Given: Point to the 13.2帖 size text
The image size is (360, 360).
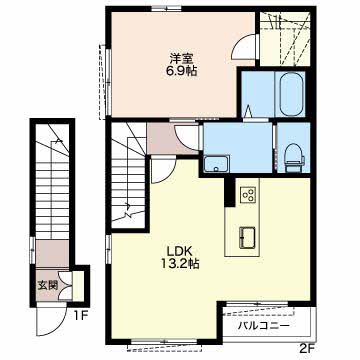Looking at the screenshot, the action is [x=181, y=263].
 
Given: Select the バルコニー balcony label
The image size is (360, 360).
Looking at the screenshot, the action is [x=263, y=326].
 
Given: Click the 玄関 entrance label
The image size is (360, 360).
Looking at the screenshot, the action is [x=48, y=285].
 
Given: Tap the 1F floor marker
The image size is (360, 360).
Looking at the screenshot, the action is [x=80, y=315].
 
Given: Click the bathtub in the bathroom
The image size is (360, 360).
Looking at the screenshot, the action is [x=291, y=94].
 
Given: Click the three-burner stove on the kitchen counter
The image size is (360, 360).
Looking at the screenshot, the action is [x=248, y=194].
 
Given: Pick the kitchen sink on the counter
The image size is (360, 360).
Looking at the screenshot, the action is [x=247, y=238].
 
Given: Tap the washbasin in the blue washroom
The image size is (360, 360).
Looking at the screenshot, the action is [x=217, y=164].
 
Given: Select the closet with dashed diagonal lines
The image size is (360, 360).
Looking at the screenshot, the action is [x=285, y=39].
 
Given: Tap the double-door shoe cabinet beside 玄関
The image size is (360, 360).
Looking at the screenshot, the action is [x=65, y=285].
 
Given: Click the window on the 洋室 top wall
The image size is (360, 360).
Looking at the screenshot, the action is [x=166, y=8].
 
